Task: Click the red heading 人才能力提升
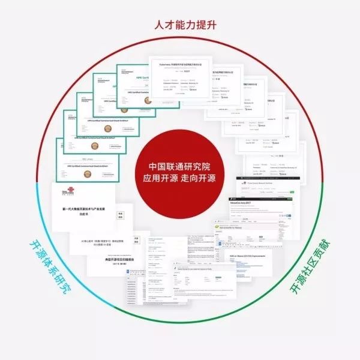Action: click(179, 25)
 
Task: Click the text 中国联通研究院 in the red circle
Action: click(180, 166)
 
